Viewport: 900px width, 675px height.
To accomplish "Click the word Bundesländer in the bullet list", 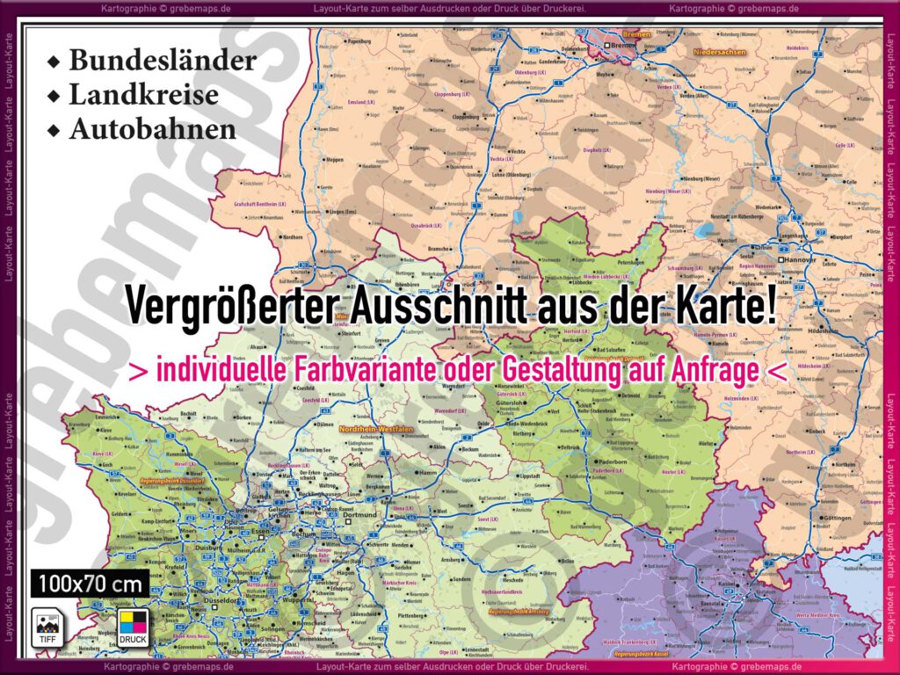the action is (163, 60).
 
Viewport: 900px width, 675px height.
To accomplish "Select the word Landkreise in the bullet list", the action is (144, 94).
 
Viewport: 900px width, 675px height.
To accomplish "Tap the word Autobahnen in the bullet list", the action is (153, 128).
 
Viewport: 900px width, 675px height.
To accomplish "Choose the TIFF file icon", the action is (45, 626).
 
